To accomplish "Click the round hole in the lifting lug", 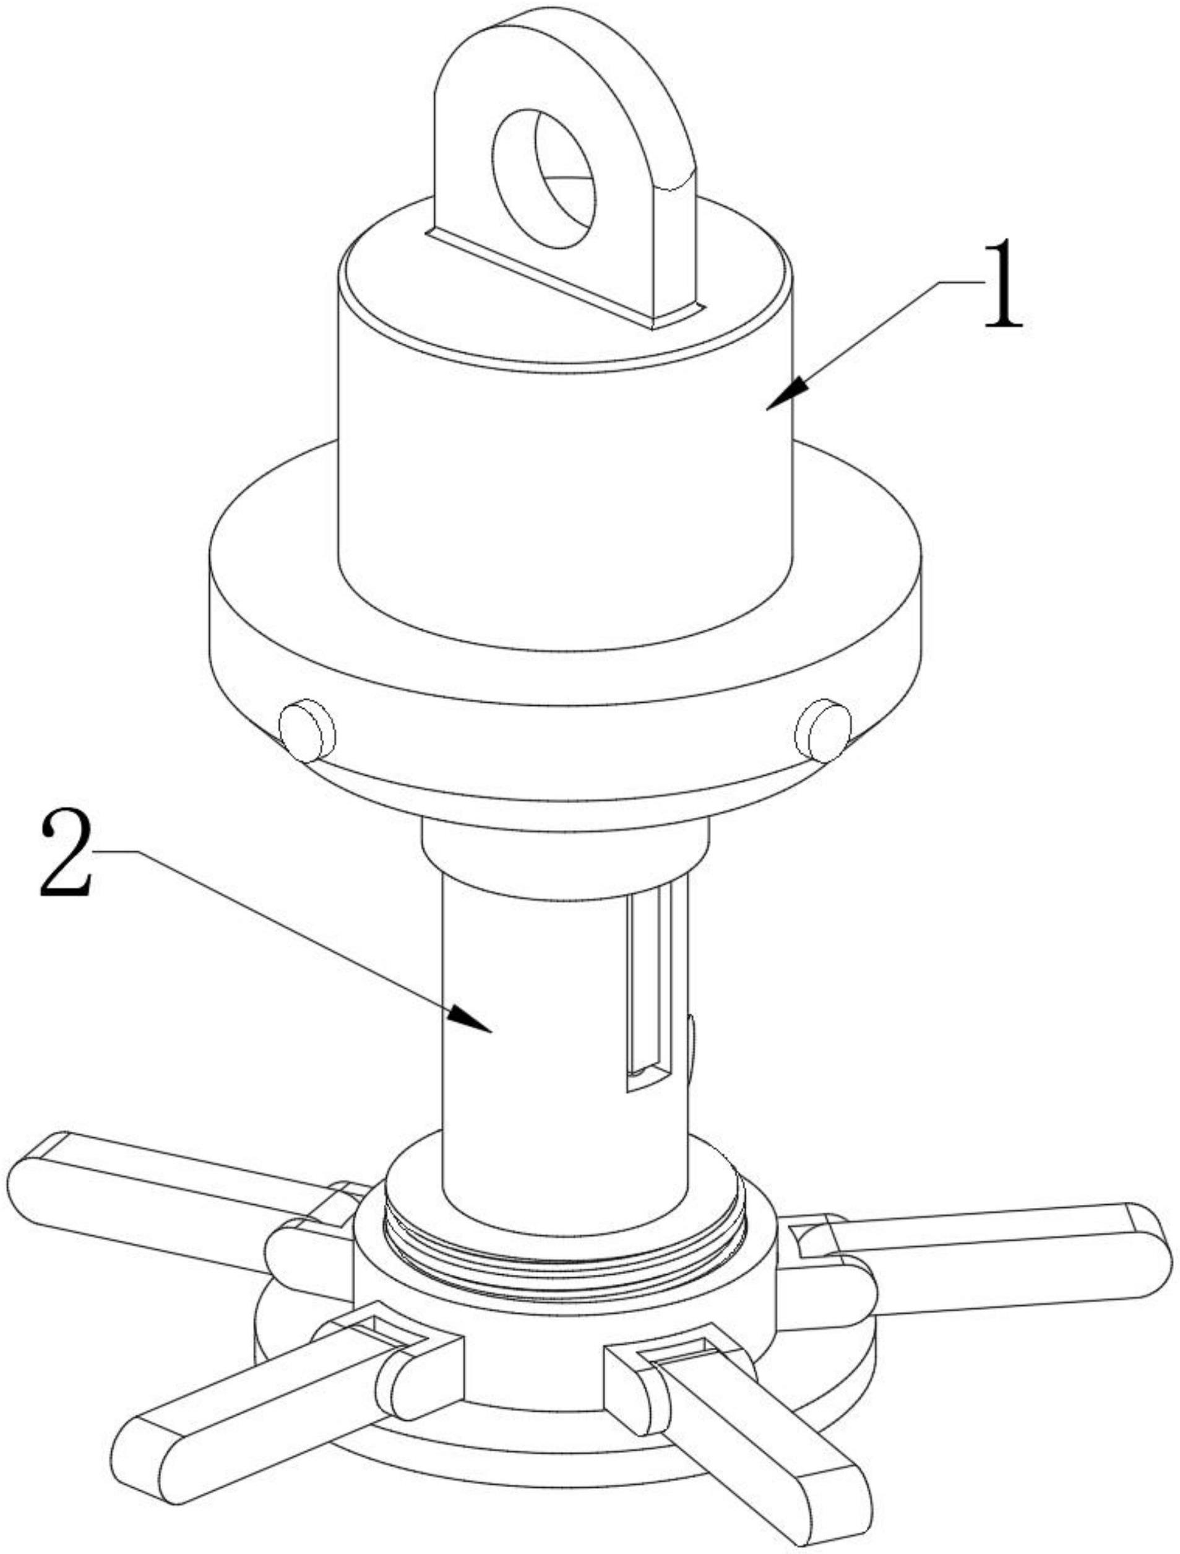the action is (545, 178).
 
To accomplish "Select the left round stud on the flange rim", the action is (307, 731).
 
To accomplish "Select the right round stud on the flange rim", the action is (823, 731).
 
